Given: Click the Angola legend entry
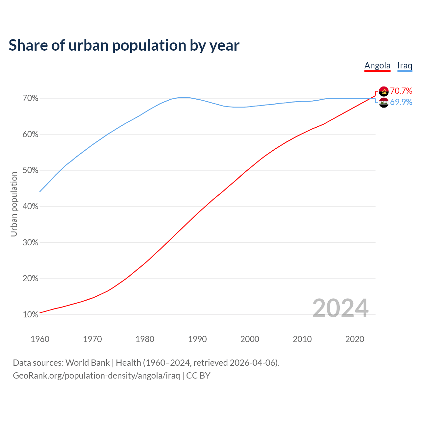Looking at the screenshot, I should click(377, 65).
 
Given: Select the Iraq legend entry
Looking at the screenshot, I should click(405, 65).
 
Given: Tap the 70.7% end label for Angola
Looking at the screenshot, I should click(401, 91).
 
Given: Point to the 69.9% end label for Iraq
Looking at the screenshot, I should click(401, 102).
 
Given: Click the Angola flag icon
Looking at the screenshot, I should click(384, 91).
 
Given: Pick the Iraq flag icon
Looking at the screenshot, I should click(384, 103).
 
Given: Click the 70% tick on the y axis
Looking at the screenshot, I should click(31, 98).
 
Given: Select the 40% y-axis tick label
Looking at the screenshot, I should click(31, 207).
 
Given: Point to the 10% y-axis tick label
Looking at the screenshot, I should click(31, 315).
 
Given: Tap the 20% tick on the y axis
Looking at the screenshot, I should click(31, 279).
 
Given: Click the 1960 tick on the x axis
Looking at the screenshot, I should click(40, 339).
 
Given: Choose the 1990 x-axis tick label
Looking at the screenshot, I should click(197, 339).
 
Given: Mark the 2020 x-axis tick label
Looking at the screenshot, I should click(355, 339).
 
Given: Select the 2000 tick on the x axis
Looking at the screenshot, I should click(250, 339).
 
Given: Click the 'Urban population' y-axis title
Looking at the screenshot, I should click(14, 204).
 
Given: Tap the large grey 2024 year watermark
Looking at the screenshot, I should click(340, 308).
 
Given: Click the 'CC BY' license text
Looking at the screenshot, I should click(198, 376).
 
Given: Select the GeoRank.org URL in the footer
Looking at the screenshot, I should click(96, 376).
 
